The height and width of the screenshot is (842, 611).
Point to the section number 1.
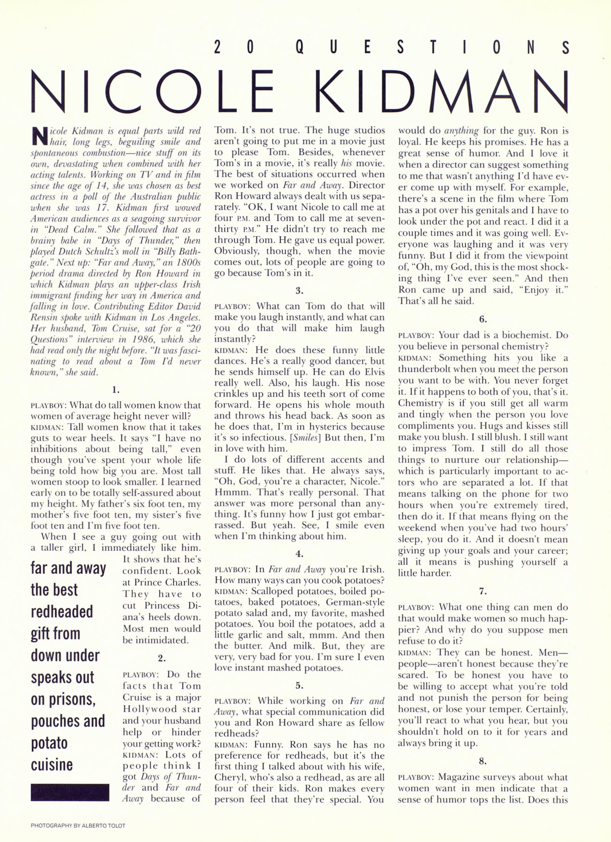115,390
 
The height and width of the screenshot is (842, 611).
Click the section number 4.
299,554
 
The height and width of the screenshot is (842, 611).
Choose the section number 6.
483,319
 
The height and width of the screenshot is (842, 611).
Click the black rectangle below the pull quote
70,792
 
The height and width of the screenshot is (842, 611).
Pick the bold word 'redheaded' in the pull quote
62,611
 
